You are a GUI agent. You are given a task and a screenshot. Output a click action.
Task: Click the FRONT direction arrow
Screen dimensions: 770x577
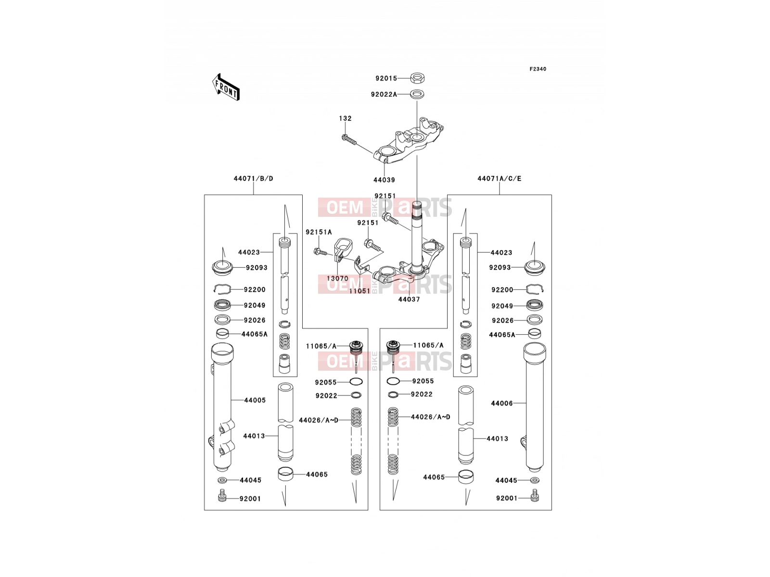226,88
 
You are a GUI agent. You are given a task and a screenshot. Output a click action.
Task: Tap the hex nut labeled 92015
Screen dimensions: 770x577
417,78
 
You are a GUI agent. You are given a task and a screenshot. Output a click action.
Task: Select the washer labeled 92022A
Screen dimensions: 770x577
416,94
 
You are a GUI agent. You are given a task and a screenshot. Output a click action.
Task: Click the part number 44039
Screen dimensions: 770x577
384,180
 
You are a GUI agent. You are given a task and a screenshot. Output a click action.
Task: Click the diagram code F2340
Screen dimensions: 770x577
538,69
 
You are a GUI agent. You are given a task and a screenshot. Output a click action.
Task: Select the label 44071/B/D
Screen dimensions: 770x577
253,179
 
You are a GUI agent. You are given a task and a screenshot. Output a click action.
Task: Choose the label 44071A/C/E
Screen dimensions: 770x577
499,179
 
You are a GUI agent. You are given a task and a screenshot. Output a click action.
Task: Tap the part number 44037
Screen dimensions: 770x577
409,300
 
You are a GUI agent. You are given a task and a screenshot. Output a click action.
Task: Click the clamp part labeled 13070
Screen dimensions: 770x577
342,250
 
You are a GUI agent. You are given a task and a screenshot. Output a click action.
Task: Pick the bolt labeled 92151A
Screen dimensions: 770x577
321,251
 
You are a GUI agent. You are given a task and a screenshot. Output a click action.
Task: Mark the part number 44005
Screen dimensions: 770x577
255,400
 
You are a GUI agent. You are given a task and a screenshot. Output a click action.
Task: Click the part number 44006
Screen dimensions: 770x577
501,403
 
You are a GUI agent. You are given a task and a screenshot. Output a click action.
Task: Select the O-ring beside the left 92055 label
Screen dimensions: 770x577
356,381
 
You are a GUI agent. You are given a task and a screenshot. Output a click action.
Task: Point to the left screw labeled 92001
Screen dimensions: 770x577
222,496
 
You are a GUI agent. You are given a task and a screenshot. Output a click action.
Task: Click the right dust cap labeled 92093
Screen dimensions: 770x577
534,268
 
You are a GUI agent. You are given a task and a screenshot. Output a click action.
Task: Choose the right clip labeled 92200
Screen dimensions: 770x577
535,289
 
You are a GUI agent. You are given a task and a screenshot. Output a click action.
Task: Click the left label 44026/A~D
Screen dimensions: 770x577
319,420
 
